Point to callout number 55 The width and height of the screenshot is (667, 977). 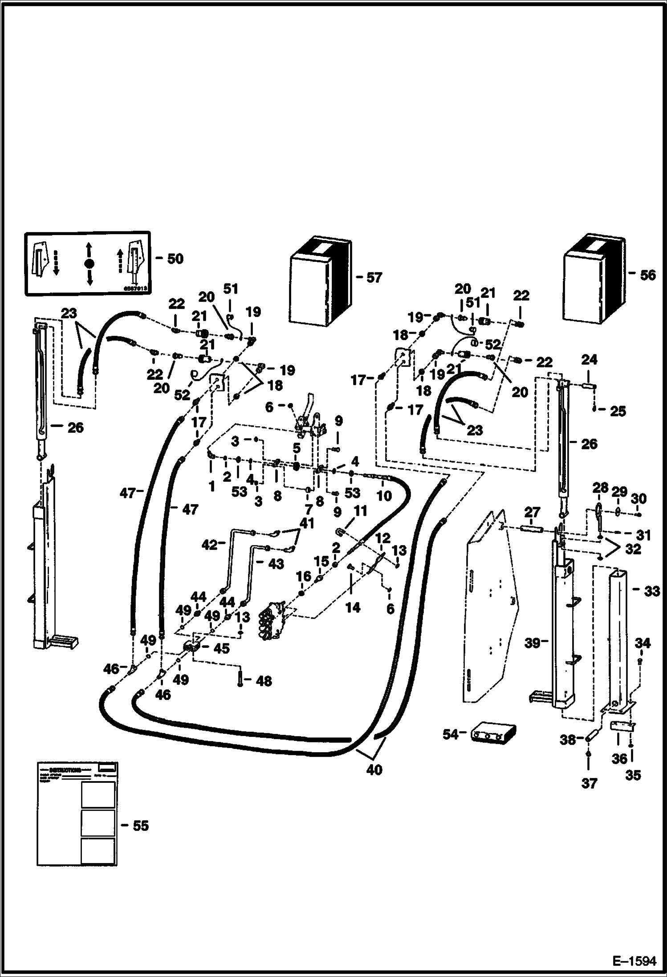coord(140,826)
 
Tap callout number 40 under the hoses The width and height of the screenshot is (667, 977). coord(374,770)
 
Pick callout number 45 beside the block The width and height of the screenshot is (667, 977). coord(221,648)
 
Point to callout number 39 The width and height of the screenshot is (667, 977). coord(533,643)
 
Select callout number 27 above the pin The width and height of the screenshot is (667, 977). coord(533,513)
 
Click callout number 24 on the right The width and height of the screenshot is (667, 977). coord(589,359)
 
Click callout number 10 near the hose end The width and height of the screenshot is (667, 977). coord(384,495)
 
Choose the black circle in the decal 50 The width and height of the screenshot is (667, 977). coord(89,264)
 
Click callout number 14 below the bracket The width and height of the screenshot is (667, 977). coord(353,607)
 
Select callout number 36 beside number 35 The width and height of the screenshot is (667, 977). coord(619,759)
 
